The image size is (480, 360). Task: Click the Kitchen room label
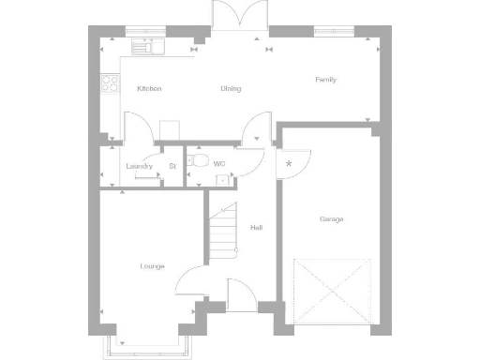149,89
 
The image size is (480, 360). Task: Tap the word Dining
231,89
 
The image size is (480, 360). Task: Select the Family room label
325,80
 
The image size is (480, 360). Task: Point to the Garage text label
331,219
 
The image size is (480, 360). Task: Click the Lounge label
152,266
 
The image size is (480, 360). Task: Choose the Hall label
255,228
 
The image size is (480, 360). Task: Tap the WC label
219,164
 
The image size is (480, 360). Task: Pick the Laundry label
139,167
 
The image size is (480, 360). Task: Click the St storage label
172,167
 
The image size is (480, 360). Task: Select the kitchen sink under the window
147,44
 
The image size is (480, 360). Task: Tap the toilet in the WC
195,161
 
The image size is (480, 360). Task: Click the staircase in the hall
223,232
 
